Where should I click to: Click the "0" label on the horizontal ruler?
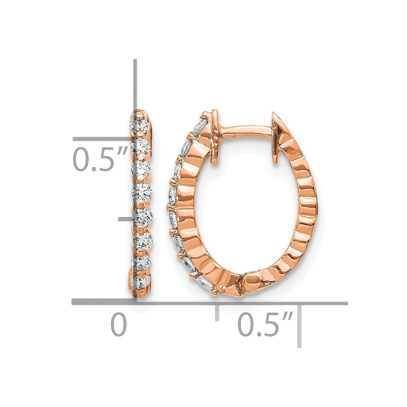[119, 325]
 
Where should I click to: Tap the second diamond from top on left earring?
[141, 146]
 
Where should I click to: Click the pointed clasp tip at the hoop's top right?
[273, 113]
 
